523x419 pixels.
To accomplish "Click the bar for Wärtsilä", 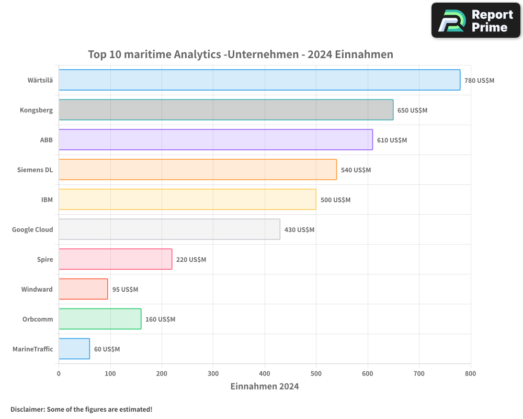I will pos(259,80).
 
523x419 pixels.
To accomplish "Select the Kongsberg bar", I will pos(226,110).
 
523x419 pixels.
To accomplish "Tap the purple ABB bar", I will pos(215,140).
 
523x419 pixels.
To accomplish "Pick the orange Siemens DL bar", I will pos(198,170).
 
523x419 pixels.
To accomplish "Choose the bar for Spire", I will pos(115,259).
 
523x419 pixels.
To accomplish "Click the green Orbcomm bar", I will pos(100,319).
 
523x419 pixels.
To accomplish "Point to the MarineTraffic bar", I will pos(74,349).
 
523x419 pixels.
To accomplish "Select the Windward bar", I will pos(83,289).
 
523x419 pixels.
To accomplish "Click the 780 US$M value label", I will pos(479,81).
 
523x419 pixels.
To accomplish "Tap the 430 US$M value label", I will pos(299,230).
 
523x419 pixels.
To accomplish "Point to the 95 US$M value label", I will pos(125,290).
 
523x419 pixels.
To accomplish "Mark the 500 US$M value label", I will pos(335,200).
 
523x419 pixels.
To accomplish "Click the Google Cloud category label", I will pos(32,230).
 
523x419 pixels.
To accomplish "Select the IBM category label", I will pos(47,200).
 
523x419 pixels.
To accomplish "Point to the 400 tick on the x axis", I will pos(265,374).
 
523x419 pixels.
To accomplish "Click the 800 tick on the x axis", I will pos(471,374).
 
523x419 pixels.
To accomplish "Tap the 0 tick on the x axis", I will pos(59,374).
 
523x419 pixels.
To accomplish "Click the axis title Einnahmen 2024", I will pos(265,387).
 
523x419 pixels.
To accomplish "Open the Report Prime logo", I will pos(475,20).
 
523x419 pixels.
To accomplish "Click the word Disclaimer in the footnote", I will pos(27,410).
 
